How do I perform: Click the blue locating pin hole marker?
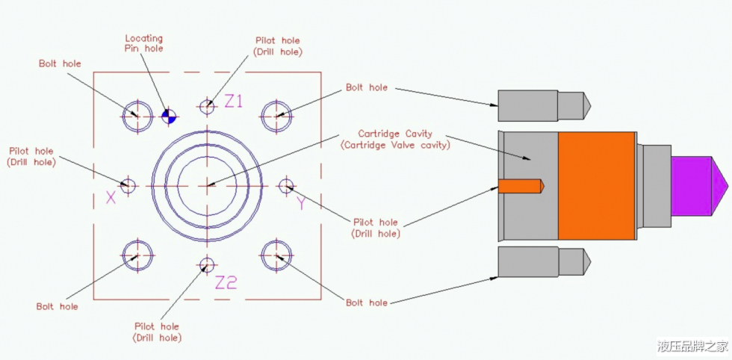click(168, 115)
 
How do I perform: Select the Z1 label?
click(234, 102)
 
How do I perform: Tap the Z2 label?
click(226, 282)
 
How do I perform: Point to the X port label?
click(111, 198)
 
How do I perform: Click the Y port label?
click(300, 202)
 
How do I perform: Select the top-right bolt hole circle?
click(276, 115)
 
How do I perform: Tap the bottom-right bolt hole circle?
click(276, 255)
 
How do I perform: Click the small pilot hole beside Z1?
click(207, 106)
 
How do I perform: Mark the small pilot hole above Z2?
click(206, 264)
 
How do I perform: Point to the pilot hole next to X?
click(128, 184)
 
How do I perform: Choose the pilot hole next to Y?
click(285, 185)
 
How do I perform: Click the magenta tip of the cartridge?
click(698, 184)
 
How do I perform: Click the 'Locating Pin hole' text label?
click(143, 43)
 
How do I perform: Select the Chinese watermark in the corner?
click(692, 345)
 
